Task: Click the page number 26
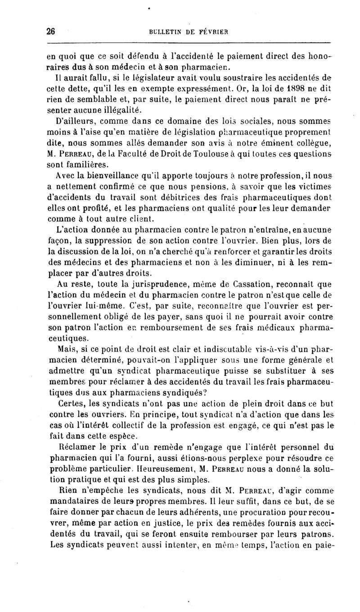tap(50, 32)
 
